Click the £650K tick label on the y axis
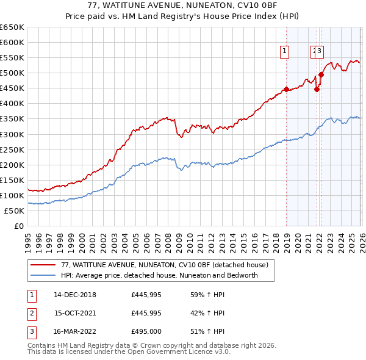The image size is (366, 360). point(12,27)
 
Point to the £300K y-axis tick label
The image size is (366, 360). point(12,134)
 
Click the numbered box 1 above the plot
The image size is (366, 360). point(285,52)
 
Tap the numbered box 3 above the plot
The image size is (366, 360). point(320,52)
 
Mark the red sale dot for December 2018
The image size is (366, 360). point(286,90)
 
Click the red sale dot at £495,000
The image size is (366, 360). point(321,74)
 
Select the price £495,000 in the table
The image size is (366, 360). point(146,333)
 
